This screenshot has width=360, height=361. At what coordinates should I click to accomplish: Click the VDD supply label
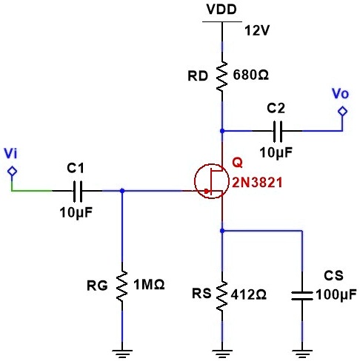221,10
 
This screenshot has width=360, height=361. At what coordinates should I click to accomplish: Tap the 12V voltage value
257,31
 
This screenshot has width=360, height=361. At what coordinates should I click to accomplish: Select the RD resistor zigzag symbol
221,76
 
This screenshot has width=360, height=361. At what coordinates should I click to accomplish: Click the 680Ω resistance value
250,75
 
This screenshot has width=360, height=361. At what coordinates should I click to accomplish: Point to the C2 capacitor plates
278,131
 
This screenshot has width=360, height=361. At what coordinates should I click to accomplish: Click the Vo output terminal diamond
342,111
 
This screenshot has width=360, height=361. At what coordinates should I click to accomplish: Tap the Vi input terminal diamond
12,171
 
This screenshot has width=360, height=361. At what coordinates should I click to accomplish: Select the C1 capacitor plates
78,191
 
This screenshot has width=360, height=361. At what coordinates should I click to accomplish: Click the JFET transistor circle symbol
211,181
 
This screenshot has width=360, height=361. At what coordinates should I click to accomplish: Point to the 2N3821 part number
257,183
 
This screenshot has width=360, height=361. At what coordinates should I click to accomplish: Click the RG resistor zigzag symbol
122,286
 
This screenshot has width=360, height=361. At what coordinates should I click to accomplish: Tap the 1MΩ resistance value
149,285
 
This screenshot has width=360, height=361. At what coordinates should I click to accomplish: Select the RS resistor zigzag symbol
221,296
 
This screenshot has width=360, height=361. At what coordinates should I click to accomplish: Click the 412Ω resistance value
248,294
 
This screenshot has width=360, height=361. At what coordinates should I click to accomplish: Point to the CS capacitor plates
302,296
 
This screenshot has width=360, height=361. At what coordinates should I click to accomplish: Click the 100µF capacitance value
336,294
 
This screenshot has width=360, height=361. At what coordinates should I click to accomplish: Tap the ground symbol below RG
122,354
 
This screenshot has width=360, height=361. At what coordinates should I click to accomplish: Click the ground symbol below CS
302,354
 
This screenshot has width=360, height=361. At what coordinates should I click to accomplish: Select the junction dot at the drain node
222,131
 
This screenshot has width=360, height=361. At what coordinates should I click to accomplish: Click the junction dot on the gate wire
122,191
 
